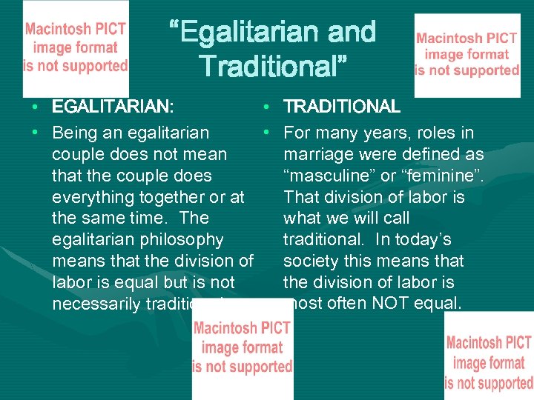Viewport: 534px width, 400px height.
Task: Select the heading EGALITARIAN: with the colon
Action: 113,107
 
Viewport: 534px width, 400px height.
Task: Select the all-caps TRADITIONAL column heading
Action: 342,107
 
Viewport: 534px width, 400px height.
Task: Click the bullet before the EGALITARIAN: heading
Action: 36,107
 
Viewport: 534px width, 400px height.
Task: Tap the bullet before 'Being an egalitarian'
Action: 36,133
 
